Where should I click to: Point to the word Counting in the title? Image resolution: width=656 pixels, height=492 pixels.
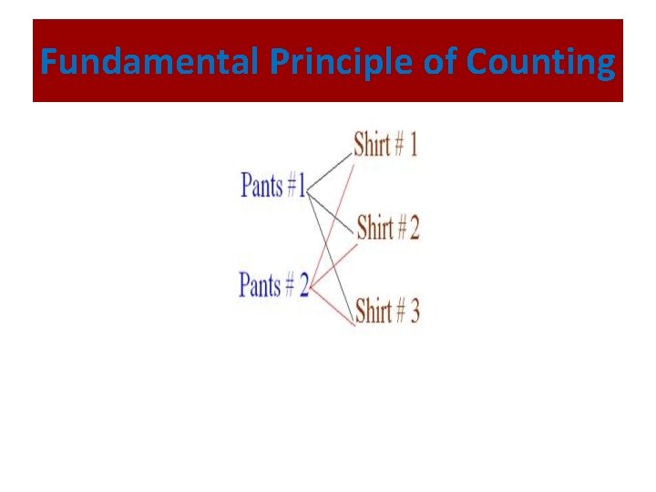coord(540,63)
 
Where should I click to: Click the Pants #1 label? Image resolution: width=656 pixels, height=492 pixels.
coord(273,187)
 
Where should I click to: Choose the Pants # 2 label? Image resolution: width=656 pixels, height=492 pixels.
coord(273,285)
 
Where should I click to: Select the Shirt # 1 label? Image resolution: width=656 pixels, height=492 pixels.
coord(385,145)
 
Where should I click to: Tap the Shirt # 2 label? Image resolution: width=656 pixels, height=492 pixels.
coord(387,227)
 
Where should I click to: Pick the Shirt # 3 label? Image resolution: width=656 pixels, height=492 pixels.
coord(387,312)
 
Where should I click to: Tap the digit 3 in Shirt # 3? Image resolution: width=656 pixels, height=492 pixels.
coord(414,312)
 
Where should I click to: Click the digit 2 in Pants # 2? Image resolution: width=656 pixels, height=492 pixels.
coord(302,285)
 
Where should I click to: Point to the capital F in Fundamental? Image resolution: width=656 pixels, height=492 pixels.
coord(48,63)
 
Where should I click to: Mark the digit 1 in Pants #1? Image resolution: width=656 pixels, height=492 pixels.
coord(302,187)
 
